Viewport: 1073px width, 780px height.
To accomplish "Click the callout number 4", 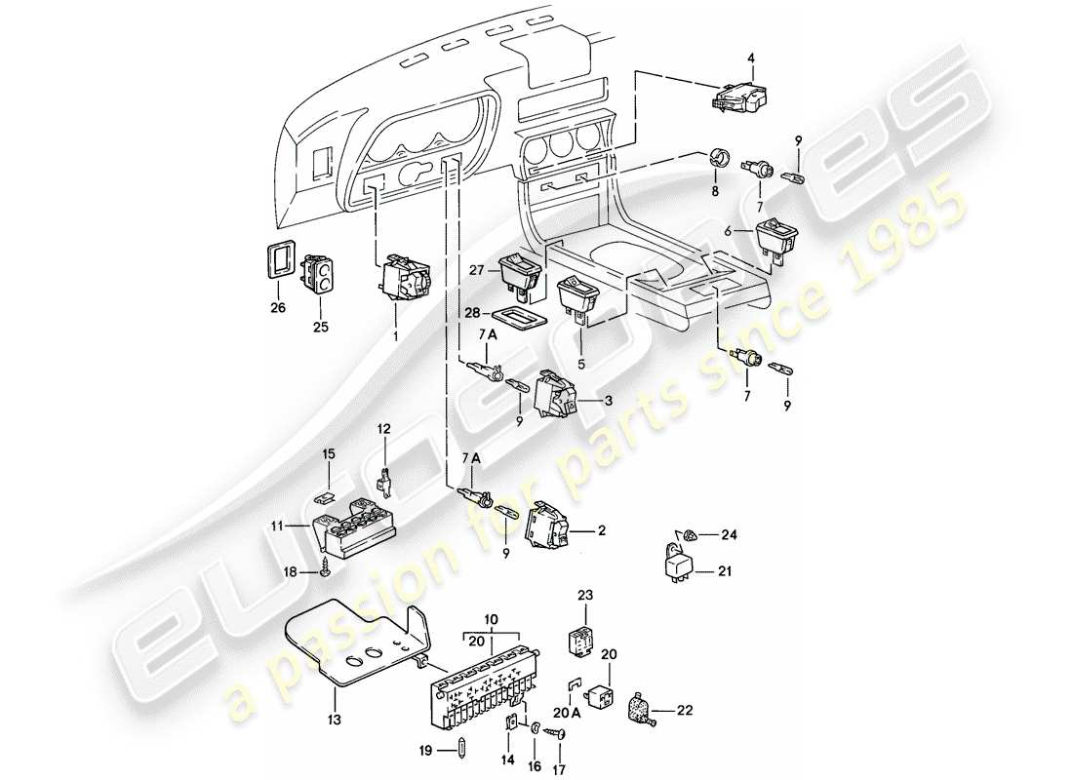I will coord(752,58).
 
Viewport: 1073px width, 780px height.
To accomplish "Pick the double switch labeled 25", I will coord(319,274).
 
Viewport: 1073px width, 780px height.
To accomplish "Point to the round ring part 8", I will coord(721,159).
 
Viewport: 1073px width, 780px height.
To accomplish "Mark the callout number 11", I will coord(278,527).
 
